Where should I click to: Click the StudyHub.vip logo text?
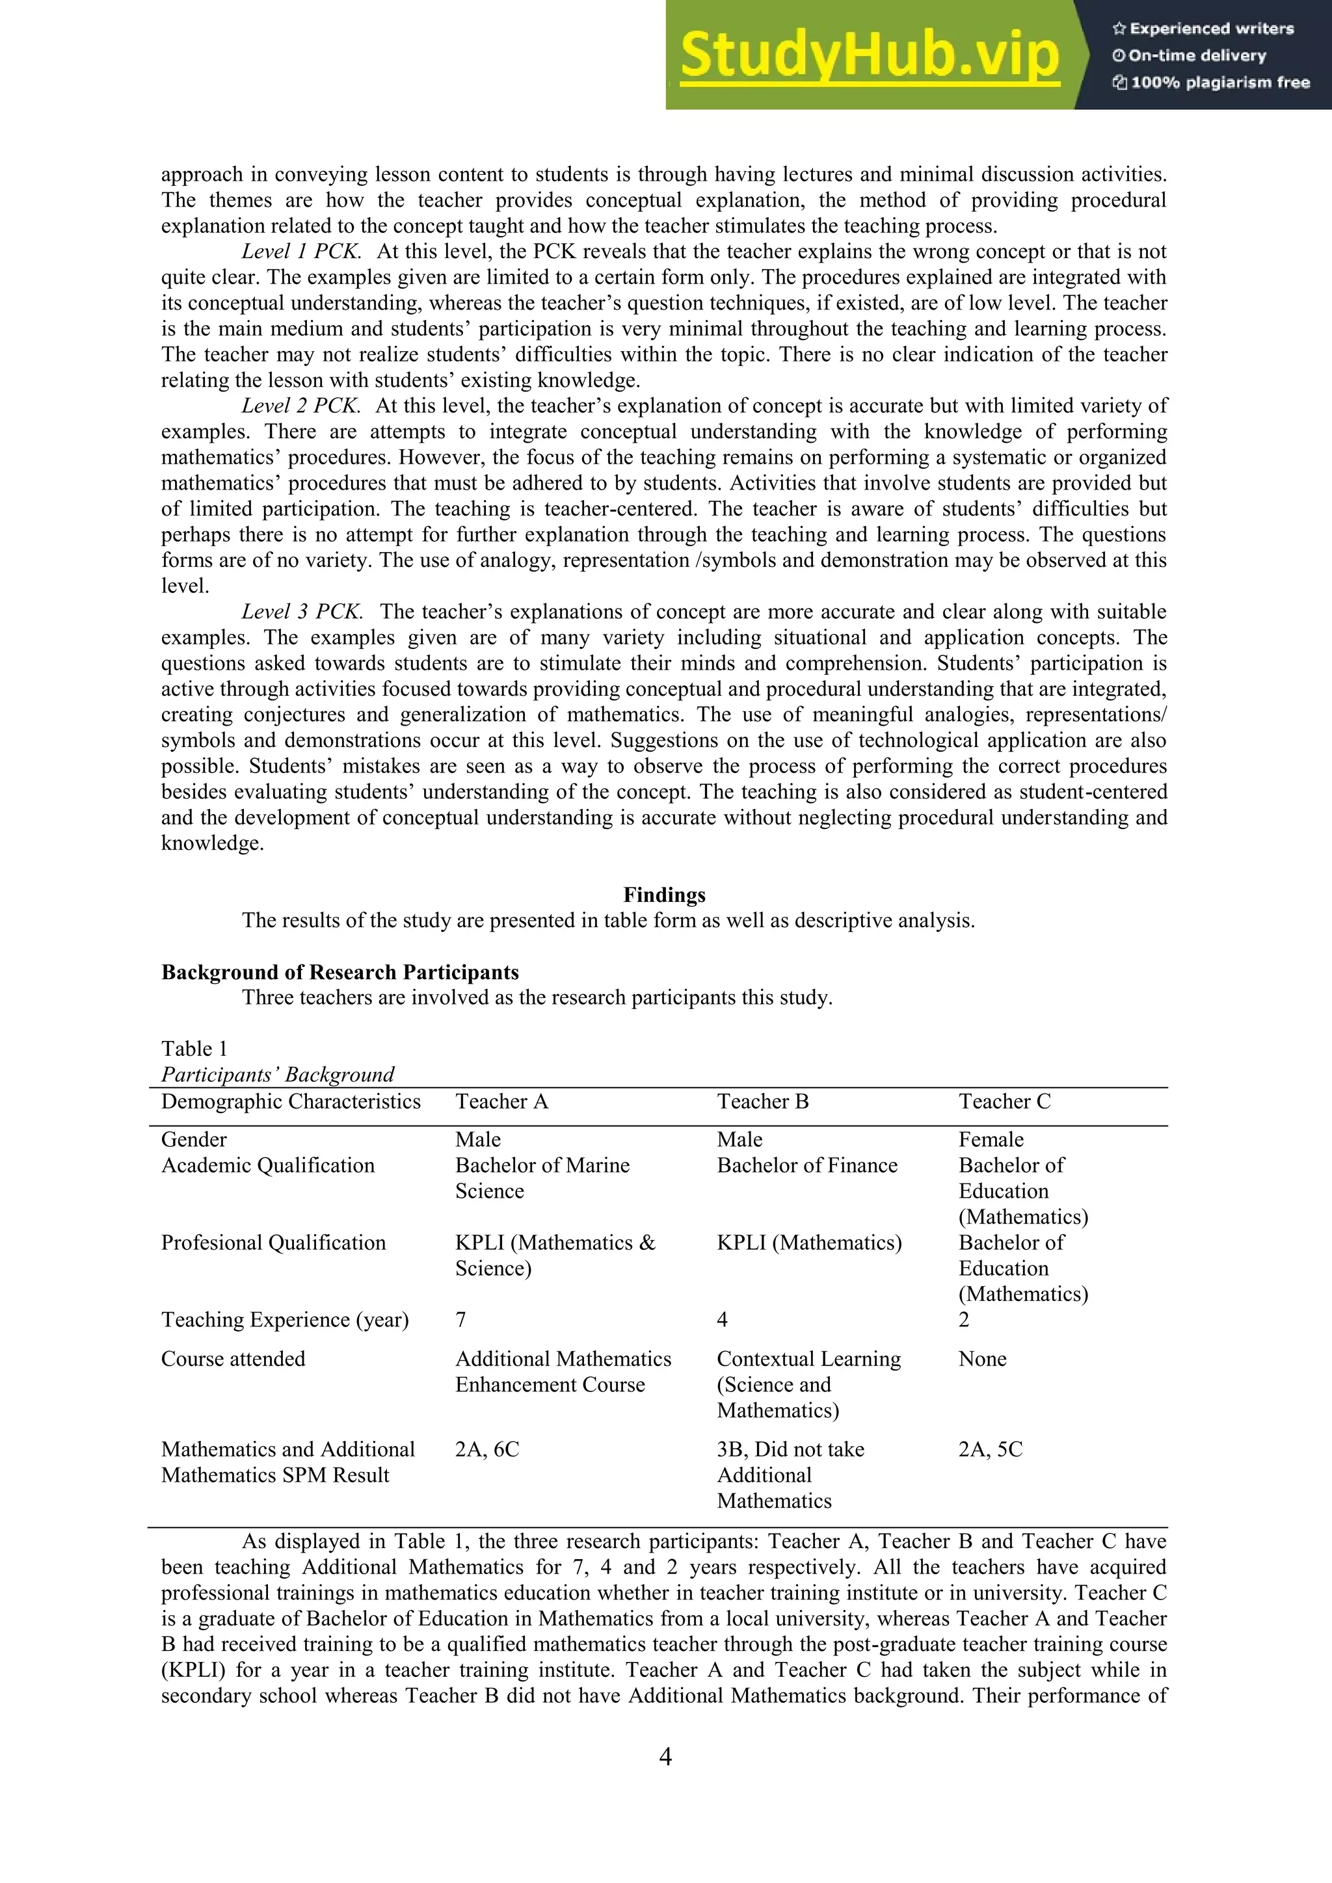point(870,56)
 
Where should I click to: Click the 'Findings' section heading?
point(664,894)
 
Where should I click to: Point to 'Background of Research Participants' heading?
point(340,972)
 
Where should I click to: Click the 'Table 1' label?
point(194,1048)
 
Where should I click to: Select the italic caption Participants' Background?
point(277,1074)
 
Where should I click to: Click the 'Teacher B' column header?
point(763,1101)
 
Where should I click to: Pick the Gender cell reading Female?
point(991,1139)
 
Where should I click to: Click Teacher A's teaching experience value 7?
point(461,1319)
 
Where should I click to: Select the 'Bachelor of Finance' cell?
point(807,1165)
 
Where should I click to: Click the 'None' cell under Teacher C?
point(982,1359)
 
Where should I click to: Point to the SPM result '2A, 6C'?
point(487,1449)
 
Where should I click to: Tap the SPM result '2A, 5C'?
point(990,1449)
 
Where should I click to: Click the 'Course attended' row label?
point(233,1359)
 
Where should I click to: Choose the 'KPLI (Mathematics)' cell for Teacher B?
point(808,1243)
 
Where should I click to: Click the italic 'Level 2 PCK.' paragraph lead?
point(301,406)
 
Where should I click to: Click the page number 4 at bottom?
point(665,1757)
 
